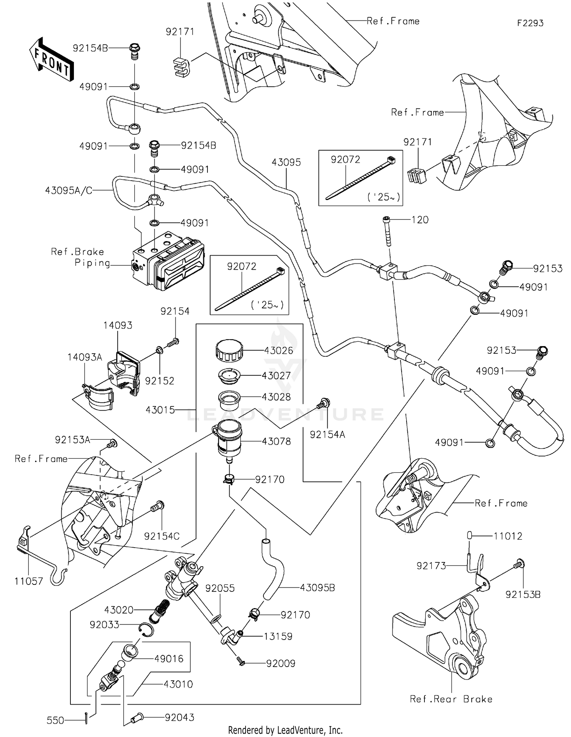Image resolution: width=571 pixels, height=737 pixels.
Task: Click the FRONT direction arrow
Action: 51,59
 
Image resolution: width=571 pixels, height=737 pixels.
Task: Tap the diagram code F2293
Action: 530,23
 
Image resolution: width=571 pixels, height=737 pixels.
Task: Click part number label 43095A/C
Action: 69,191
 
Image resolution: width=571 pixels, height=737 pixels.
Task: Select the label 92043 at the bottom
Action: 179,717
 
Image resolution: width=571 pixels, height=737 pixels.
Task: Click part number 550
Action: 55,720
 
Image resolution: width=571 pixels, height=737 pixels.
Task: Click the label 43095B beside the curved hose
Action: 317,588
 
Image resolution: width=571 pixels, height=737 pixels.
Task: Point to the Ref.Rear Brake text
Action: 451,699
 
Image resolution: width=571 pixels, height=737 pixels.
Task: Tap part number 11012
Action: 508,536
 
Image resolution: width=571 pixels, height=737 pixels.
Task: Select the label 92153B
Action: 523,594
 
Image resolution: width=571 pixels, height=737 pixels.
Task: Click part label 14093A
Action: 85,357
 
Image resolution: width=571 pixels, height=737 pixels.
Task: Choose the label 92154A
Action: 327,434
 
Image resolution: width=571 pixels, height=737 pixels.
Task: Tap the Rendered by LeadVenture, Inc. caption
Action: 285,730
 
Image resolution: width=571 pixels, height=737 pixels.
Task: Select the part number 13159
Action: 278,636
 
